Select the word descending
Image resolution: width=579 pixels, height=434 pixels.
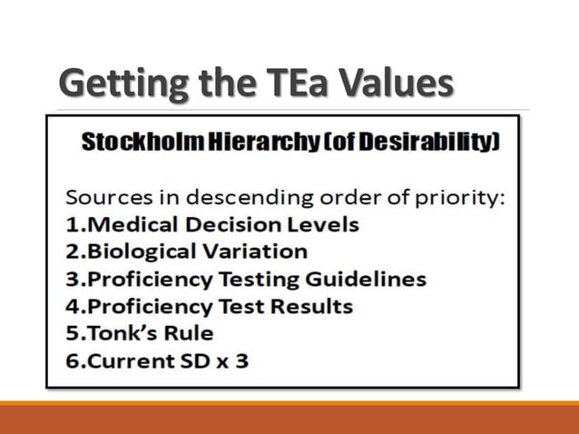pos(243,197)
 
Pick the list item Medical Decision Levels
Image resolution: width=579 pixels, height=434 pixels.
pos(213,224)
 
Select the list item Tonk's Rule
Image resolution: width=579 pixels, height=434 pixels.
pos(138,333)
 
